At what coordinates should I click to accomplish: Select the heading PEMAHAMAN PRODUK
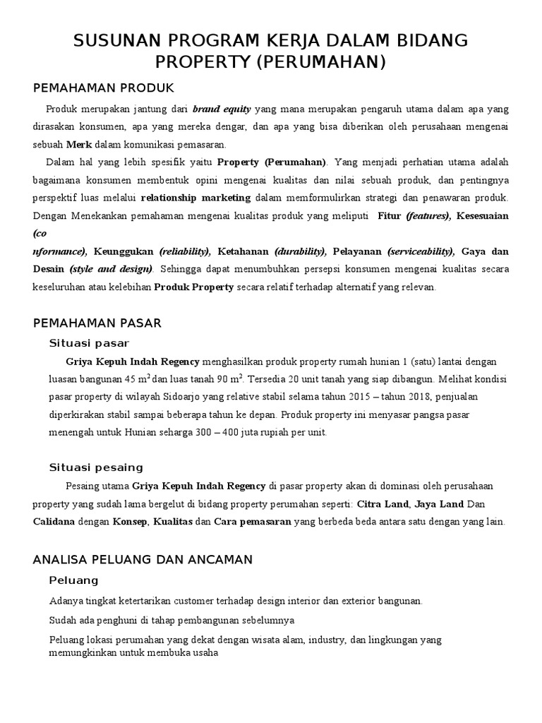point(103,88)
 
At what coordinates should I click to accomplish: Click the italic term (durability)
point(300,251)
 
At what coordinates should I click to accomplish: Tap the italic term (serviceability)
point(421,251)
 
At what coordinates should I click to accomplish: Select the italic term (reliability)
point(185,251)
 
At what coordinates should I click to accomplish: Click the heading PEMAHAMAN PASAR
point(97,323)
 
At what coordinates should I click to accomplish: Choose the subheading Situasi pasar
point(89,343)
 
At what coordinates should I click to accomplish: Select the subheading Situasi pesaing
point(96,467)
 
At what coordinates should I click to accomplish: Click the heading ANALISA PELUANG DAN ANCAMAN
point(143,560)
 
